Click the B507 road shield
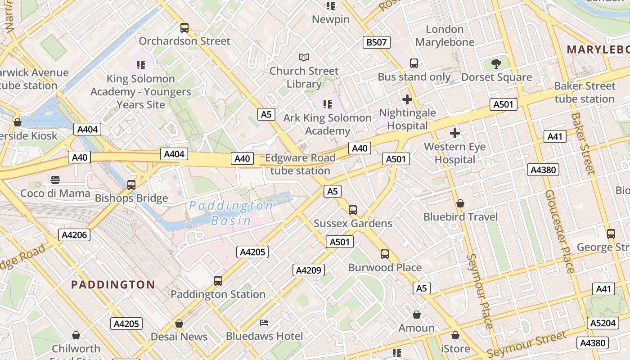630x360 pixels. [376, 43]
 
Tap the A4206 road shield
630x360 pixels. [74, 235]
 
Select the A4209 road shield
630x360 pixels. [308, 270]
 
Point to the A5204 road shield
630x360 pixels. [603, 323]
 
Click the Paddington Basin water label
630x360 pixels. [231, 213]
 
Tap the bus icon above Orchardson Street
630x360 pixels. [184, 28]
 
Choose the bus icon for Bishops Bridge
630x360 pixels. [131, 185]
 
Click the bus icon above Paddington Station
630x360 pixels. [218, 281]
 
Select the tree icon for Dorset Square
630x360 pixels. [496, 64]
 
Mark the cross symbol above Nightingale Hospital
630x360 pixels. [407, 99]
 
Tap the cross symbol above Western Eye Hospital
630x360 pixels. [455, 133]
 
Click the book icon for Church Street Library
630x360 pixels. [304, 58]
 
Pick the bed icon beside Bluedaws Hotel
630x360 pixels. [264, 323]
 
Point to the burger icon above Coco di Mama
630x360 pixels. [55, 180]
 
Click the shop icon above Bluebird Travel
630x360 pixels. [460, 204]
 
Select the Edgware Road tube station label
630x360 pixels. [300, 164]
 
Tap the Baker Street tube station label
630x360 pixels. [585, 92]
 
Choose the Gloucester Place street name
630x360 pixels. [559, 231]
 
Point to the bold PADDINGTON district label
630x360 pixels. [113, 284]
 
